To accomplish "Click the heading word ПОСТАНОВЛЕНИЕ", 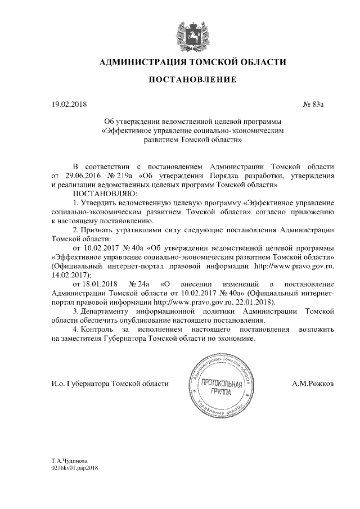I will (192, 80).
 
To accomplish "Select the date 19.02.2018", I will (67, 104).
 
